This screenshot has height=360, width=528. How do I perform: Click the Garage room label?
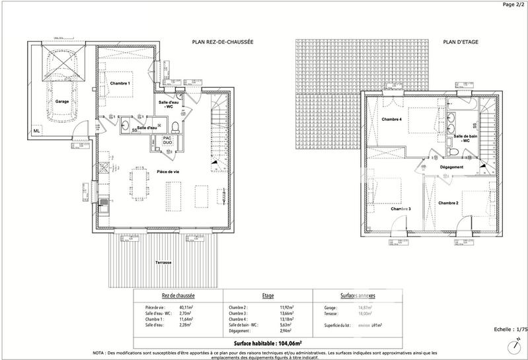coord(62,102)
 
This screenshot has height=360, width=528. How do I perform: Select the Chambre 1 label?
coord(120,83)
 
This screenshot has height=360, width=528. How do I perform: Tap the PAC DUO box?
coord(169,140)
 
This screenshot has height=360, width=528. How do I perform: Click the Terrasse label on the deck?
coord(163,262)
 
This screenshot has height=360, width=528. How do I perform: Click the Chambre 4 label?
coord(392,120)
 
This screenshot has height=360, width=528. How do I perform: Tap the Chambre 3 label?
coord(400,209)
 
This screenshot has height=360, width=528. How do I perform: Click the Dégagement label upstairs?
coord(451,167)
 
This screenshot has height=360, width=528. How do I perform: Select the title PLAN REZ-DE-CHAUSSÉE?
coord(223,42)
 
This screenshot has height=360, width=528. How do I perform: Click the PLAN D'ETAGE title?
coord(461,42)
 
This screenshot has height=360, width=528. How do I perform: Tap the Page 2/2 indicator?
coord(511,5)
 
